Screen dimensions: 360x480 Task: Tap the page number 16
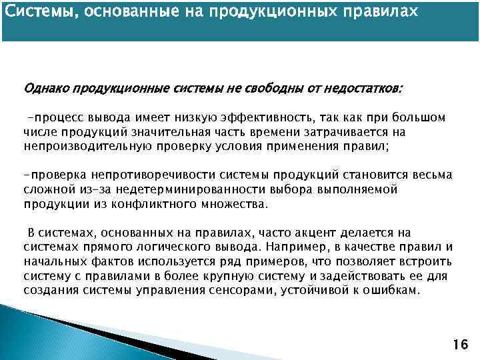(459, 344)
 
